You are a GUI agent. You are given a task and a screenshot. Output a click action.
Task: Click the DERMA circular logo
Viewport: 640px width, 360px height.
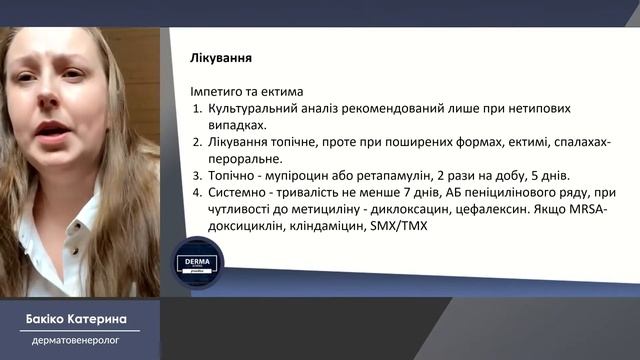tap(197, 265)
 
